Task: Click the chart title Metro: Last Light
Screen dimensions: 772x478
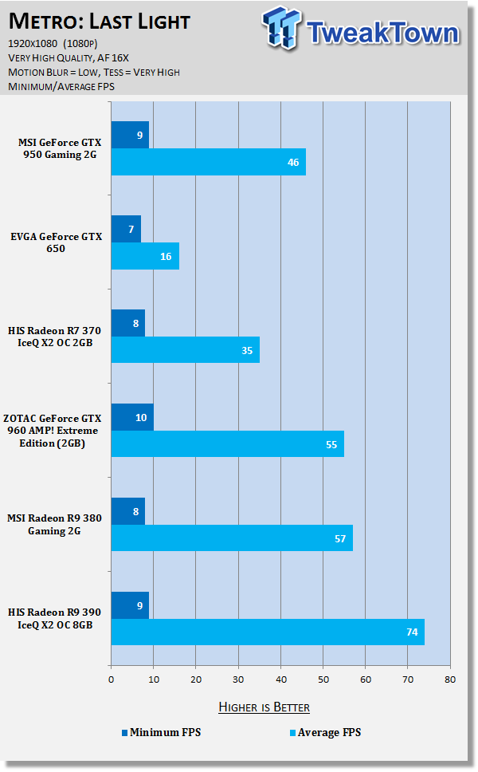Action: click(100, 20)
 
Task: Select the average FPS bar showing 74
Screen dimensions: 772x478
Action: click(268, 632)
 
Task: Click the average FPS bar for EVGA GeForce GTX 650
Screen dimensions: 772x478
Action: click(145, 256)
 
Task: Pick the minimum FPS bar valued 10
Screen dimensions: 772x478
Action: click(132, 416)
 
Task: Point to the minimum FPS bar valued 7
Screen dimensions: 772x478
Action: click(126, 229)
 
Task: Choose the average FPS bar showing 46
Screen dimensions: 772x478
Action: click(208, 162)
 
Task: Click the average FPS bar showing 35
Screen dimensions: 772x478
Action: click(185, 349)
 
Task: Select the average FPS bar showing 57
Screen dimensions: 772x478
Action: click(231, 538)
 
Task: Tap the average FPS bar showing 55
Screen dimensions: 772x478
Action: click(227, 443)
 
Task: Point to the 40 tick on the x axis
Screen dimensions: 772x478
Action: click(280, 679)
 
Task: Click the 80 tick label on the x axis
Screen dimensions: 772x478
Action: click(450, 679)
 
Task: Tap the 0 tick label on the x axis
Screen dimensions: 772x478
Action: click(112, 679)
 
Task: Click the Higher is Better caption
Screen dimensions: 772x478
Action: click(264, 707)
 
